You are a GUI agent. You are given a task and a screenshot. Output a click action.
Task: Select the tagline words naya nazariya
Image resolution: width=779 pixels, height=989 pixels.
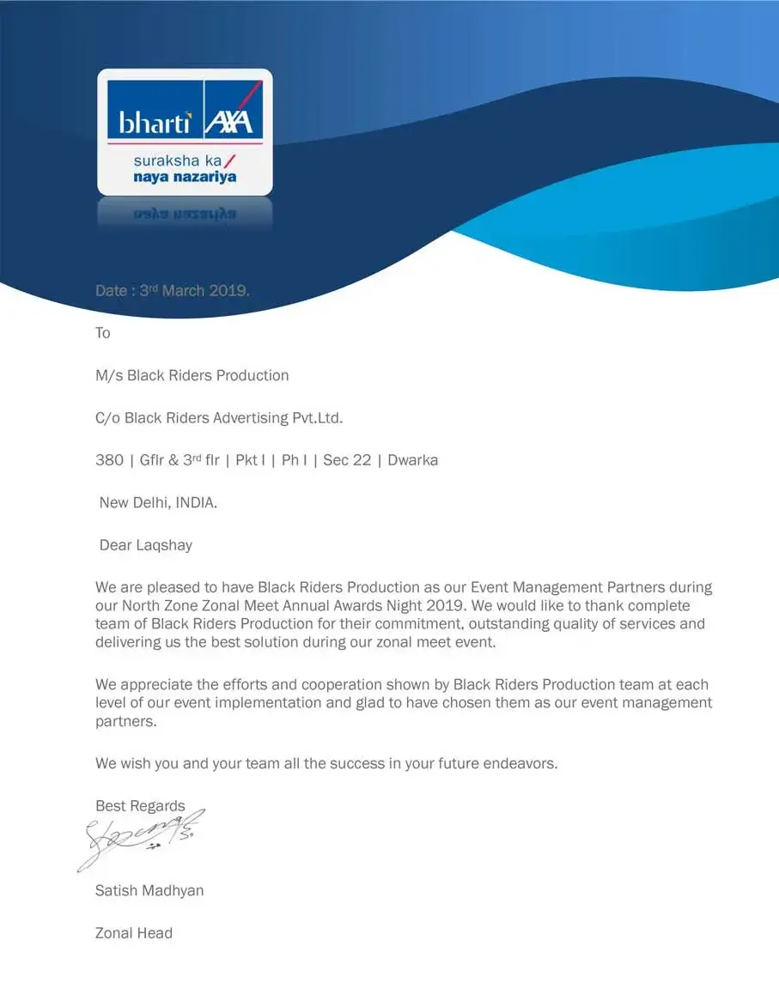click(x=185, y=177)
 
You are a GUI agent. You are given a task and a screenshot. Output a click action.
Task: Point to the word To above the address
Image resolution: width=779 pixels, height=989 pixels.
click(x=103, y=333)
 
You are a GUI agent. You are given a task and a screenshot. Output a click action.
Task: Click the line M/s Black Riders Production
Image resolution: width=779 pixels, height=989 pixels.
click(x=192, y=375)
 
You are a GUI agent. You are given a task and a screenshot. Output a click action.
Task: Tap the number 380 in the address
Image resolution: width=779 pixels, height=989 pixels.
click(x=109, y=460)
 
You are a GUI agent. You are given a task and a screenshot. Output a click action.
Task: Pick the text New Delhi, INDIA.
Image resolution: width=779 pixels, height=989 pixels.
click(x=158, y=502)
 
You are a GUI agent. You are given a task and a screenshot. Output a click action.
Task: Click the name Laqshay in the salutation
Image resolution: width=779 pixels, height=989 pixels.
click(x=167, y=545)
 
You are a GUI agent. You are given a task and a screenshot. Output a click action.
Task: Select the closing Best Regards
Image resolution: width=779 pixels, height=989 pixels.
click(x=140, y=806)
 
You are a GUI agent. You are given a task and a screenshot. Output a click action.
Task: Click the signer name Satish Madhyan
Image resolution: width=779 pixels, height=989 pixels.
click(x=149, y=890)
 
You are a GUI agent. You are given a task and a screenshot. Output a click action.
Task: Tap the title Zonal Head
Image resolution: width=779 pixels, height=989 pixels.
click(x=134, y=933)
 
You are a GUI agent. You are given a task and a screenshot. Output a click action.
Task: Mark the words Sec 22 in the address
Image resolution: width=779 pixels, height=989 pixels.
click(x=347, y=460)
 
